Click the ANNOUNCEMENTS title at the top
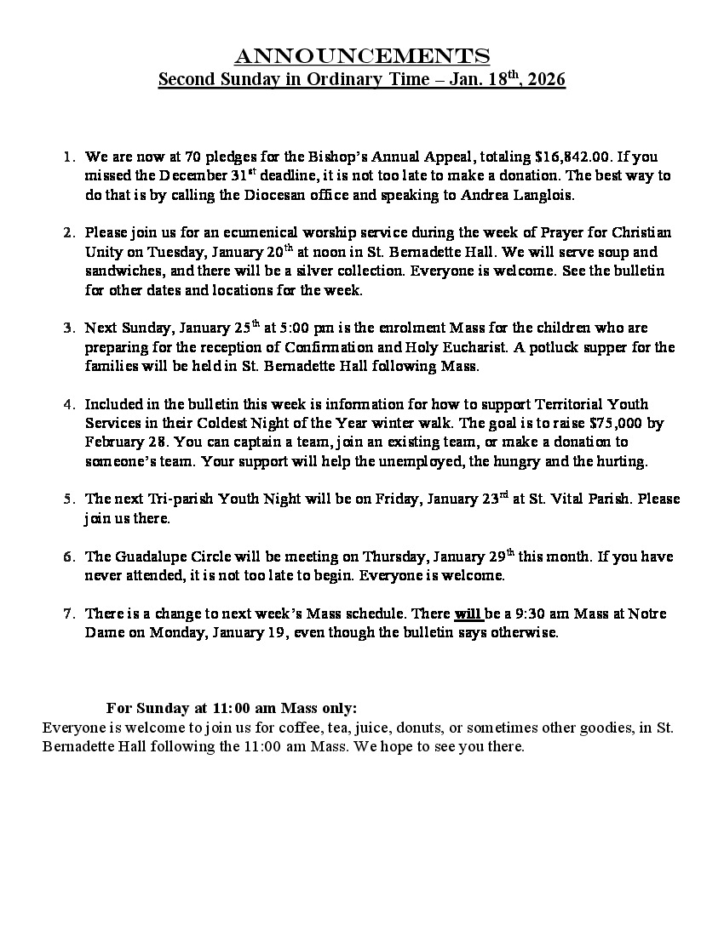coord(362,56)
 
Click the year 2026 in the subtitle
coord(546,80)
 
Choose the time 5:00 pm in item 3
coord(323,328)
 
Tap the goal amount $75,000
coord(606,424)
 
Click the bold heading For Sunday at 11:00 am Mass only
coord(232,709)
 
